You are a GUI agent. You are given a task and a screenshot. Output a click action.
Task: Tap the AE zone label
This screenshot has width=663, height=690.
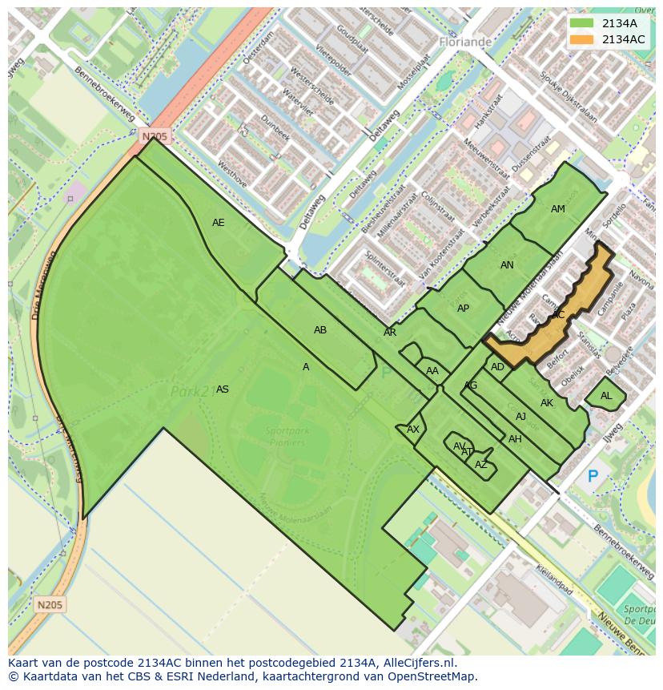click(x=219, y=223)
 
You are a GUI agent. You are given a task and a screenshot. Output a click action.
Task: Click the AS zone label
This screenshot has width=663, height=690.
click(x=223, y=389)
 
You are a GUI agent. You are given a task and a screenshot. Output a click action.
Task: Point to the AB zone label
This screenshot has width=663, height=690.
click(x=320, y=330)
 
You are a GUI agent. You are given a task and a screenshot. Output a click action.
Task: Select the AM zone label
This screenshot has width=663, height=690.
click(x=558, y=209)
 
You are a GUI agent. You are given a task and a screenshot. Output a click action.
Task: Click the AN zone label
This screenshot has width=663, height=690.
click(x=507, y=265)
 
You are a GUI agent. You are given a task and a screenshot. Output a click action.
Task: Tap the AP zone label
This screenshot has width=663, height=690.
click(x=463, y=309)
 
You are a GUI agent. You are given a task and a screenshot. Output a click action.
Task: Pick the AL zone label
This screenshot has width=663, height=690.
click(x=606, y=396)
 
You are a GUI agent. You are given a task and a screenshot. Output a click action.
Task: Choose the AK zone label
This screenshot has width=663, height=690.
click(x=547, y=403)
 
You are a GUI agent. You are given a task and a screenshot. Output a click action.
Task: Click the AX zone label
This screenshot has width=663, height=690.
click(x=413, y=430)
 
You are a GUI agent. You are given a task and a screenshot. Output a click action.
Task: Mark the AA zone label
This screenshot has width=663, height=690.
click(x=432, y=371)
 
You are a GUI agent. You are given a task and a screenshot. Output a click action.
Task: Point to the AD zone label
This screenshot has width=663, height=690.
click(x=497, y=367)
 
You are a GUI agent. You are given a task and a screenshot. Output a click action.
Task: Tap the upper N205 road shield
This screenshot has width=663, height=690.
click(x=155, y=137)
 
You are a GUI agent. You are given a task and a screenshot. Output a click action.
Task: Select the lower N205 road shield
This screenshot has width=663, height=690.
click(x=50, y=604)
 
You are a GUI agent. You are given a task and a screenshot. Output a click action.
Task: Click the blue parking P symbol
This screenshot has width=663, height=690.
click(x=593, y=477)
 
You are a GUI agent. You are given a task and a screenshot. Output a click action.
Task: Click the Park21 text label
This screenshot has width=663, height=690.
click(x=191, y=391)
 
